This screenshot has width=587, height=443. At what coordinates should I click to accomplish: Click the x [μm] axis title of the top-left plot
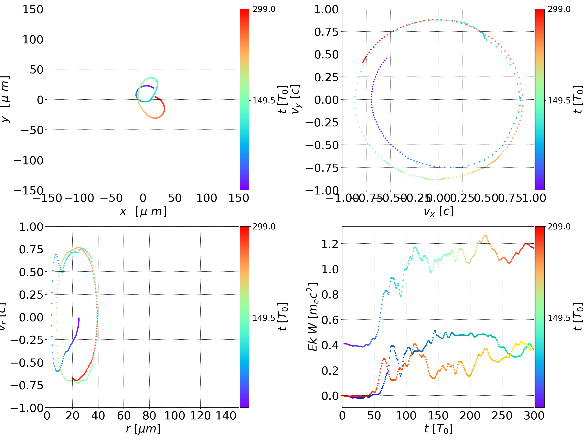click(x=143, y=212)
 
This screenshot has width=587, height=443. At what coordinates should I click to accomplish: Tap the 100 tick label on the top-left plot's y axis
click(x=33, y=39)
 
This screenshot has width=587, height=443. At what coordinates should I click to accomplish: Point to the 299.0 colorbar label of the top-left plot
click(x=264, y=9)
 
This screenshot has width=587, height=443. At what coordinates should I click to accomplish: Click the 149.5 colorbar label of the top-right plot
click(x=559, y=101)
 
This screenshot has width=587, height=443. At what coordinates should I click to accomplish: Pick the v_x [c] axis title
click(x=438, y=212)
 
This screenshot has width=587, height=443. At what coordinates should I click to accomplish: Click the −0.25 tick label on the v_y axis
click(x=322, y=123)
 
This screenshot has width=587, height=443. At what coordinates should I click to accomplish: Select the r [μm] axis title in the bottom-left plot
click(x=143, y=429)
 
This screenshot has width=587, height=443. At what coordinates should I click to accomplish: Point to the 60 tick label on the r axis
click(x=124, y=416)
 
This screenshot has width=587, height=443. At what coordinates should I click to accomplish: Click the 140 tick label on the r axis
click(x=226, y=416)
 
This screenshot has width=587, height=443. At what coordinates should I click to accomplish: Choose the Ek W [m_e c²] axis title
click(x=313, y=317)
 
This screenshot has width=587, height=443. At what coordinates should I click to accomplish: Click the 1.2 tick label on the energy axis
click(x=330, y=244)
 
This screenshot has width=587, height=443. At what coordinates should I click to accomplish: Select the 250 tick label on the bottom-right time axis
click(x=502, y=416)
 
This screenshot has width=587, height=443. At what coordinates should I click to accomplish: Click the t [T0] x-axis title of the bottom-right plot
click(x=438, y=429)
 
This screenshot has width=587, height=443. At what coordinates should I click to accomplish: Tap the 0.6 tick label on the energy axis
click(x=330, y=320)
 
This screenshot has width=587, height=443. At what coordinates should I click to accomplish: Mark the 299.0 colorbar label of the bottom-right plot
click(x=559, y=227)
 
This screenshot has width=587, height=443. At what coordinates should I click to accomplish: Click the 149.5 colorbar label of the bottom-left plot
click(x=264, y=318)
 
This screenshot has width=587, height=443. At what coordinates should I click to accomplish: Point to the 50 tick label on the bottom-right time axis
click(x=374, y=416)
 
